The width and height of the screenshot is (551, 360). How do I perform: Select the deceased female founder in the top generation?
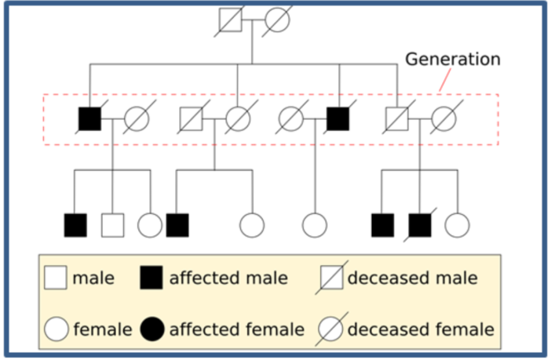coord(278,20)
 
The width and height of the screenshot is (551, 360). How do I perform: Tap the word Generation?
coord(452,59)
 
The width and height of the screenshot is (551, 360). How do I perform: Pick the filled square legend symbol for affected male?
coord(151,278)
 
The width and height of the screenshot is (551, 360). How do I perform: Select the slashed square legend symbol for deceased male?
coord(331,278)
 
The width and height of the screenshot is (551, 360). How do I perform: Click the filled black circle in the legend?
coord(151,329)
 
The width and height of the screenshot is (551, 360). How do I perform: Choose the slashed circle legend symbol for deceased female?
coord(331,329)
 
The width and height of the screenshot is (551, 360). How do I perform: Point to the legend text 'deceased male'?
coord(412,278)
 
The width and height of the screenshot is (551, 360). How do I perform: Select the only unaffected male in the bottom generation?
coord(113,225)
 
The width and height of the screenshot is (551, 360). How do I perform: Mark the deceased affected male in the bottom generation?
coord(420,225)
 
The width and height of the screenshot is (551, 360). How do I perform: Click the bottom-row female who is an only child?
coord(315,225)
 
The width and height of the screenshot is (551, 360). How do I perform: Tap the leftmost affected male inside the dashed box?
coord(90,119)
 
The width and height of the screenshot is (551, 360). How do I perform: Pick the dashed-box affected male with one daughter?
coord(338,119)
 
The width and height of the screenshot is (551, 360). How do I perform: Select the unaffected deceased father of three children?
coord(397,119)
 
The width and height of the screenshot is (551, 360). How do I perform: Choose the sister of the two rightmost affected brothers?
coord(457,225)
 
